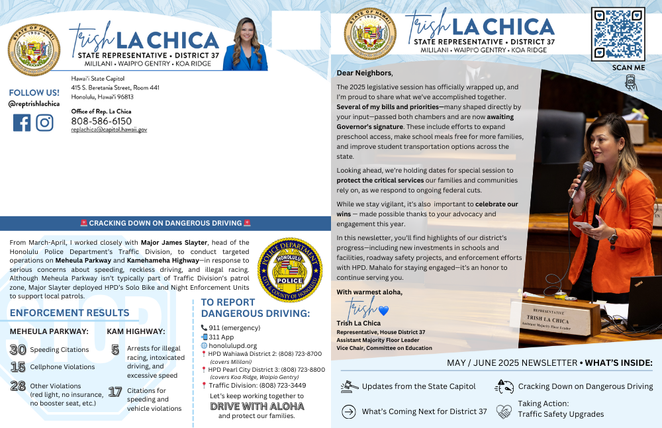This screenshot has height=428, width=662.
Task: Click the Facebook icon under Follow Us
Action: (x=22, y=123)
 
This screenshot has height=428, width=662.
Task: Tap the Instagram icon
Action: (x=44, y=123)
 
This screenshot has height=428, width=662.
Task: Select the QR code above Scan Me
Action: (x=618, y=34)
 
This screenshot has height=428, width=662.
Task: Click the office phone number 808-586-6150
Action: (x=101, y=121)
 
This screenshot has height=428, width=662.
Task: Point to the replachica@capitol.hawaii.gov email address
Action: (x=109, y=130)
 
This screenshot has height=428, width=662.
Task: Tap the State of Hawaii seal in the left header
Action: (x=34, y=50)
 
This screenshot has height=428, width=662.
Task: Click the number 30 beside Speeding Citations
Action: (x=18, y=349)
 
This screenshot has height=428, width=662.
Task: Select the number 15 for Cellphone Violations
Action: (x=18, y=366)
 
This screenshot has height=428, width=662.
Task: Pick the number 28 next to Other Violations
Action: (x=18, y=386)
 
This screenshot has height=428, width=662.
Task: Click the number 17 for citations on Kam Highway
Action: (x=115, y=392)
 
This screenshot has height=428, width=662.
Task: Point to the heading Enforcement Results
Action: (x=70, y=312)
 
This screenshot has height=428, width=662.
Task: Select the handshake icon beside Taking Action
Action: (x=504, y=411)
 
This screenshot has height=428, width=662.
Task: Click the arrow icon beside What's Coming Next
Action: (x=349, y=411)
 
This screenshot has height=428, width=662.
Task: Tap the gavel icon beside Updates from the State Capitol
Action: (x=349, y=386)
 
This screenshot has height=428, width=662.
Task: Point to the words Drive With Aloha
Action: (x=257, y=406)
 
